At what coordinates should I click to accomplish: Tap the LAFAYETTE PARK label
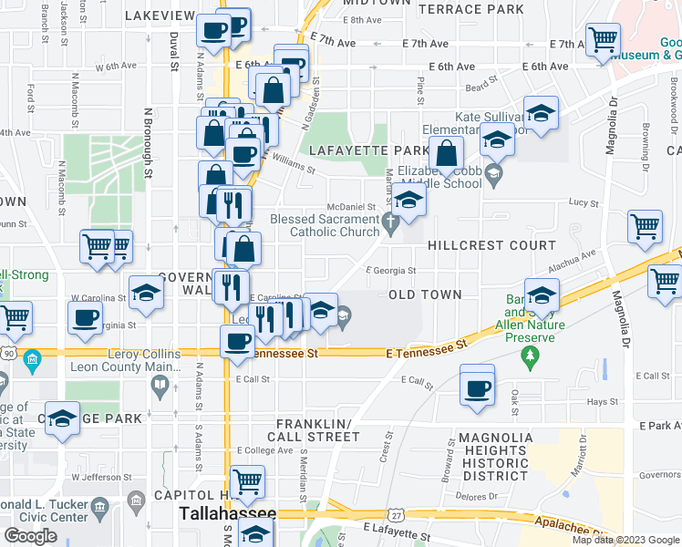pos(368,150)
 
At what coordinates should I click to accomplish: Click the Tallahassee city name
pos(227,513)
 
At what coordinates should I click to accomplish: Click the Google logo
pos(30,536)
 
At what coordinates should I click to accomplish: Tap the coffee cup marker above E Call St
pos(477,387)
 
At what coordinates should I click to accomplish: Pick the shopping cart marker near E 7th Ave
pos(603,41)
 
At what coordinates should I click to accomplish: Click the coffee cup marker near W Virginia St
pos(86,317)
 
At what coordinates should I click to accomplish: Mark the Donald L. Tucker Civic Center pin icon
pos(137,501)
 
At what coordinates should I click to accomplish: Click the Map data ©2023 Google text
pos(625,540)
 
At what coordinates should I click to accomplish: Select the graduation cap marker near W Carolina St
pos(145,294)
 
